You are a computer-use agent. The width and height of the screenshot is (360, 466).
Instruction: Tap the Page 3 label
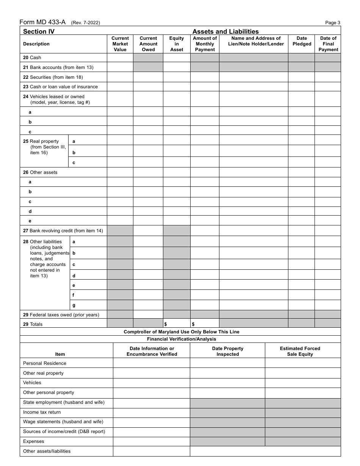333,23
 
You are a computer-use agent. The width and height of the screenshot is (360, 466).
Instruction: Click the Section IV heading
39,31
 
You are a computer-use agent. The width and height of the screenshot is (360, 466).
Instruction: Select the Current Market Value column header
120,44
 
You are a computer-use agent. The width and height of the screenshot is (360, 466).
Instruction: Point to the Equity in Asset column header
177,44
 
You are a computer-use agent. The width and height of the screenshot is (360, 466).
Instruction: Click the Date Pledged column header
302,41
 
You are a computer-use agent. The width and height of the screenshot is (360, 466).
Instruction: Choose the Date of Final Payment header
328,44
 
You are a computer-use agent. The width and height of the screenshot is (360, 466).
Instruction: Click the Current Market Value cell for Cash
120,58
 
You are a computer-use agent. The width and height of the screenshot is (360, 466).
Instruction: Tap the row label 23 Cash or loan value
60,87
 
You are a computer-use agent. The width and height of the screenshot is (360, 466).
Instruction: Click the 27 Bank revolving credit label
63,230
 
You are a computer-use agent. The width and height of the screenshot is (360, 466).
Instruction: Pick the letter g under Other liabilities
74,305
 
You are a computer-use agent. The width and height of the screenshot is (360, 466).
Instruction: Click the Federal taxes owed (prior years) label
61,314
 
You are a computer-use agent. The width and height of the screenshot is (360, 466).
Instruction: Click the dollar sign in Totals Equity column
166,324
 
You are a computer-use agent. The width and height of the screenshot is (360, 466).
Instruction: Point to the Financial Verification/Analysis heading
182,339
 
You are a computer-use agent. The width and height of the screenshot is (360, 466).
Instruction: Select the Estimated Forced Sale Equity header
300,351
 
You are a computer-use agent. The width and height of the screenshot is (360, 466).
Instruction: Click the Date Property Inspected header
227,351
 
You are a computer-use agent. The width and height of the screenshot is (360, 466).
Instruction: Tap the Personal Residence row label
45,363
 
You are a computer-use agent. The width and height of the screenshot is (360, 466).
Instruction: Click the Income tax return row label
42,412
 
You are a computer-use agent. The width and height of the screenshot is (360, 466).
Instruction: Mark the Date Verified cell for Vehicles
151,383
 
